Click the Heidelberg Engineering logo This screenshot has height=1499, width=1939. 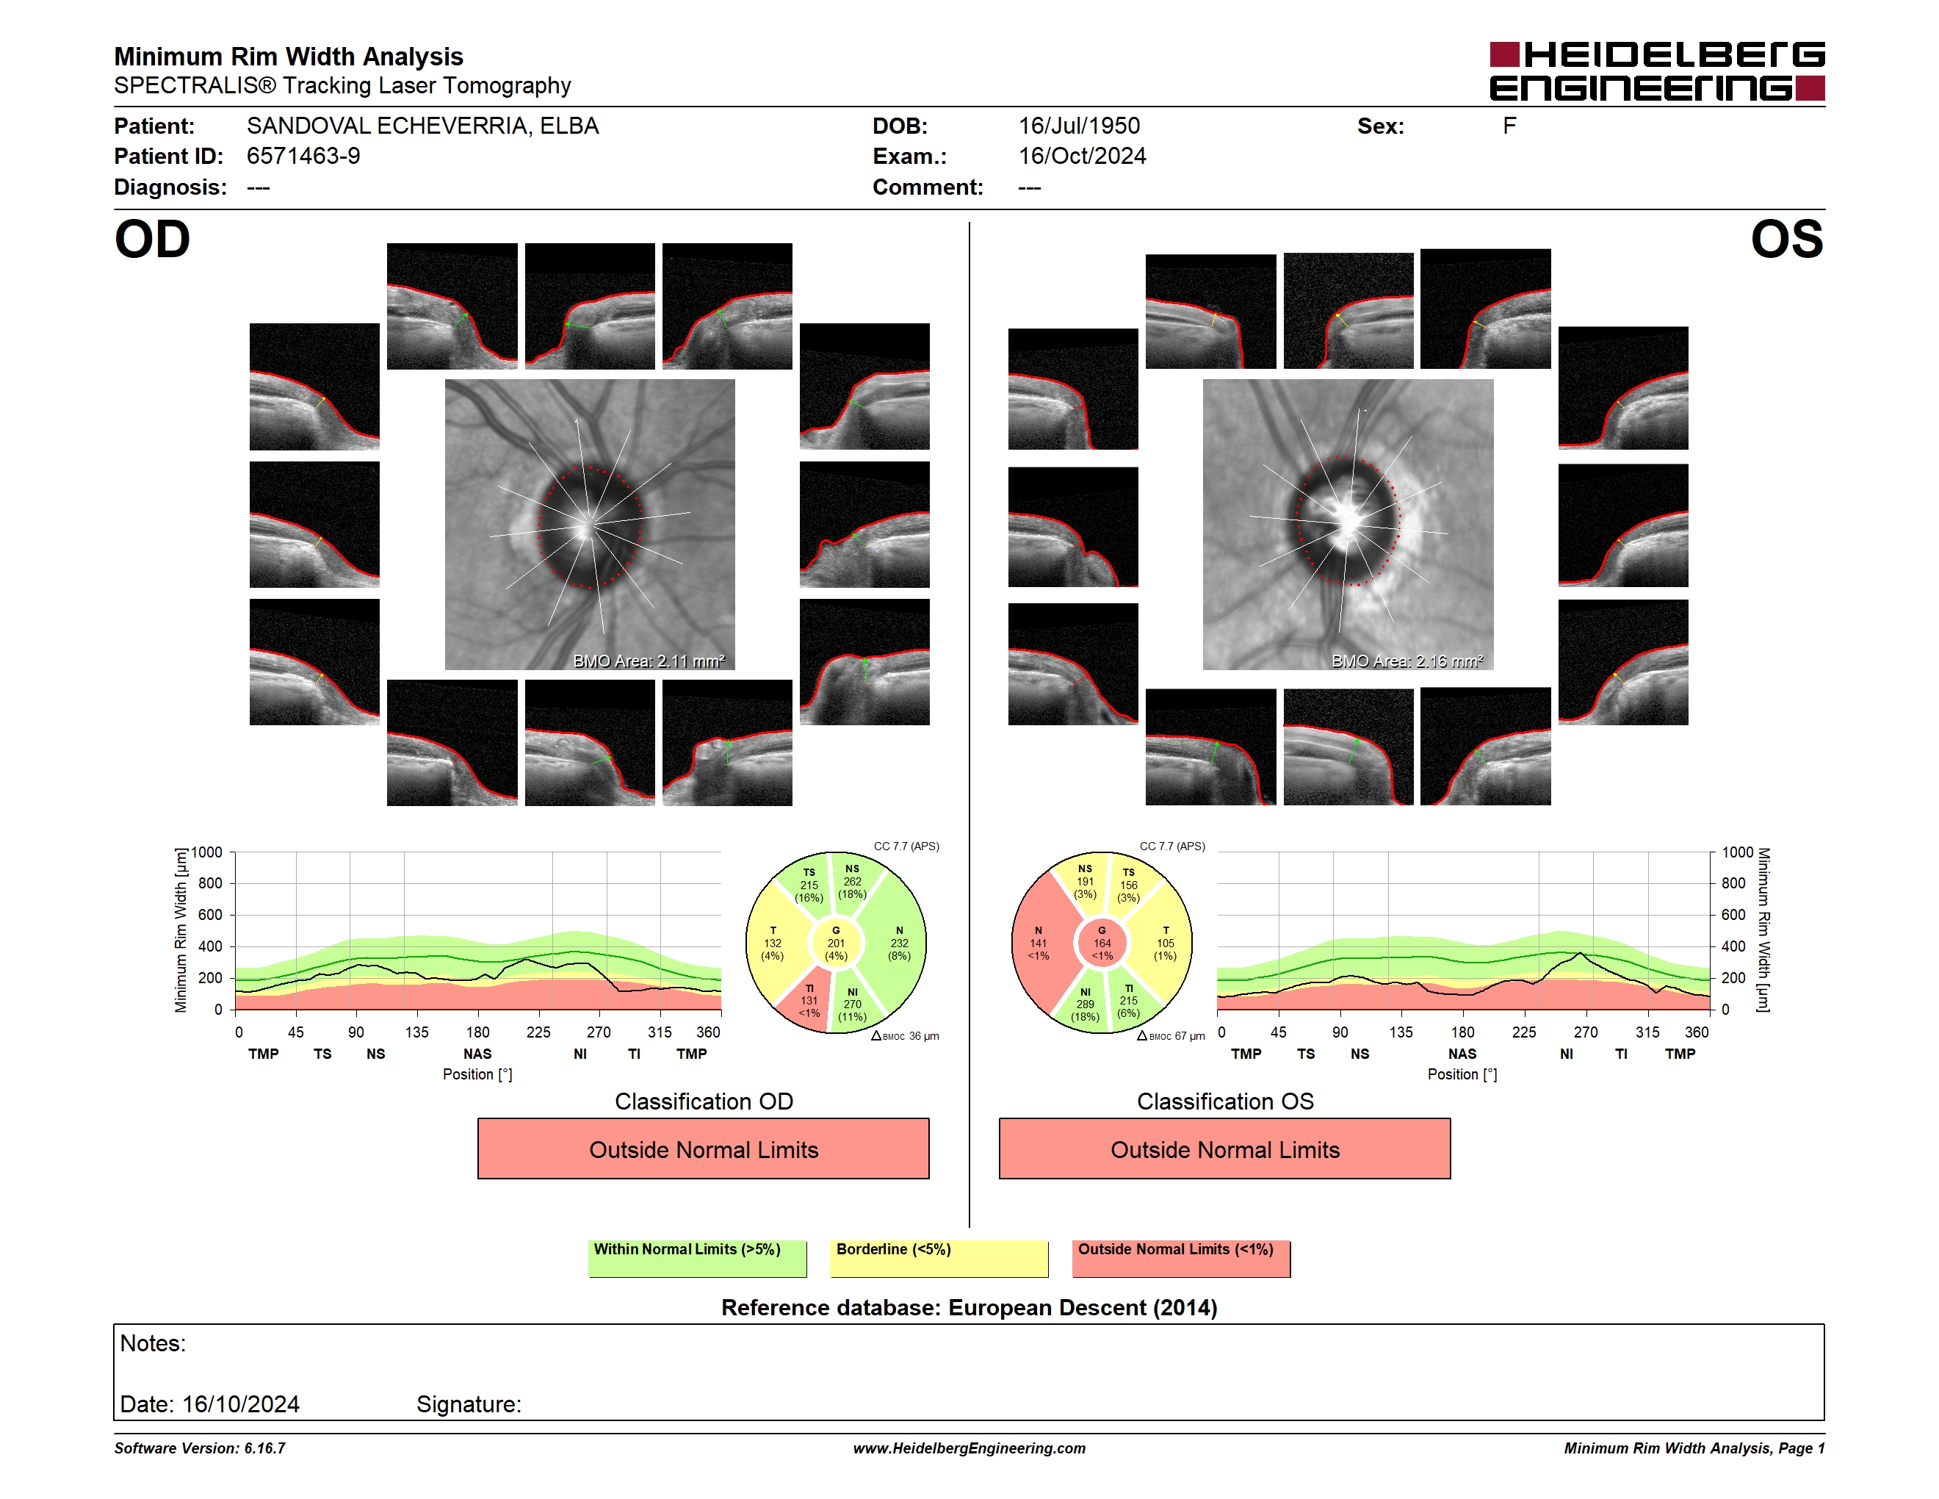click(1657, 71)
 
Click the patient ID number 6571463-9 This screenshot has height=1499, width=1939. click(303, 157)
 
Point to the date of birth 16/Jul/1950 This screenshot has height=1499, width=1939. click(1079, 126)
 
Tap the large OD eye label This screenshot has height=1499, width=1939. click(153, 240)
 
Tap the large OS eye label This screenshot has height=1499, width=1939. click(1786, 240)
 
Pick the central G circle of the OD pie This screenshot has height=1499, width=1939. click(835, 943)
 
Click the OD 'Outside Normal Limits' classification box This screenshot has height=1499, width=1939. click(703, 1149)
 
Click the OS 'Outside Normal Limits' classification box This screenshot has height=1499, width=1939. click(1224, 1149)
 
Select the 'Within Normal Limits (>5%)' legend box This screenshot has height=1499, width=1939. click(697, 1258)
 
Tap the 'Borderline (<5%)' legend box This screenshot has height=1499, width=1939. click(939, 1258)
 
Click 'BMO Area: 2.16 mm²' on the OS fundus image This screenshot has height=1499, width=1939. click(1407, 661)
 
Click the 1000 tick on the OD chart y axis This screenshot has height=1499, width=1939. click(207, 852)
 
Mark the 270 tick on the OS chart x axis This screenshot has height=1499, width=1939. click(1586, 1032)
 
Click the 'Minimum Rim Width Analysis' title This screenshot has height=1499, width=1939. click(289, 57)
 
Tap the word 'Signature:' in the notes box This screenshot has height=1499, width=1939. click(469, 1404)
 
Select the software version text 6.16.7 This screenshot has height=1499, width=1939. click(264, 1448)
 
